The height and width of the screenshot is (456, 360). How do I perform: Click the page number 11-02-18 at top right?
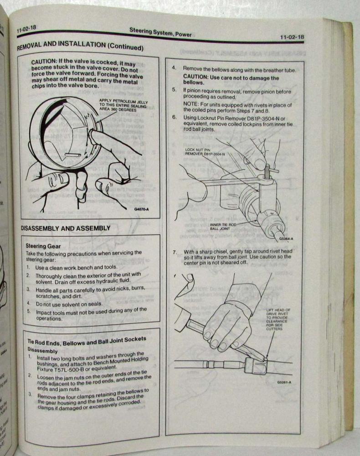coord(292,37)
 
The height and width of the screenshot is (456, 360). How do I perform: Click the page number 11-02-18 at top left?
coord(27,29)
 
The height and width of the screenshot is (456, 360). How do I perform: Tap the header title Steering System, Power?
coord(160,32)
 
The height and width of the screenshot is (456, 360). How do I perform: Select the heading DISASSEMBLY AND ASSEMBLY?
coord(66,228)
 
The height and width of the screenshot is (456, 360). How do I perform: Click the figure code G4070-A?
coord(142,209)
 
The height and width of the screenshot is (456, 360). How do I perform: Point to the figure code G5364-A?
coord(286,239)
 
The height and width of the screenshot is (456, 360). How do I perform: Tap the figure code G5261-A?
coord(284,382)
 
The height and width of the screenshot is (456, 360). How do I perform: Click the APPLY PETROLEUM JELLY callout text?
coord(123,106)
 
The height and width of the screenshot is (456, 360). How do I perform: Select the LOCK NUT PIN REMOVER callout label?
coord(205,151)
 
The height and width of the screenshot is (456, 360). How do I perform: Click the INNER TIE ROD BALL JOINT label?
coord(223,227)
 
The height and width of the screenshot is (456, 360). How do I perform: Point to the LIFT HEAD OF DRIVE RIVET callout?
coord(278,319)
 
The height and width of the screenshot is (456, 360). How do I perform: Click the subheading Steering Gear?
coord(43,246)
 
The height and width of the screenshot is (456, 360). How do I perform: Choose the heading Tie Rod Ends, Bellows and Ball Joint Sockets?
coord(87,341)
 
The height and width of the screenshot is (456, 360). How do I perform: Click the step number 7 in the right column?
coord(175,252)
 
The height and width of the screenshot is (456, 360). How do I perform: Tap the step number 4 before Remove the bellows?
coord(174,68)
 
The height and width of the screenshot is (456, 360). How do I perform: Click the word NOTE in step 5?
coord(190,104)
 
